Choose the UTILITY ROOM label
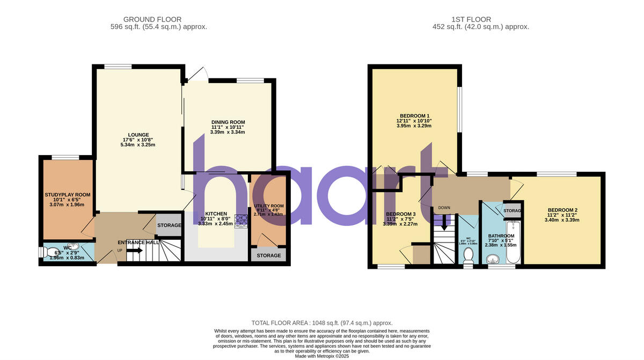pyautogui.click(x=269, y=207)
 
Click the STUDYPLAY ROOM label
pyautogui.click(x=68, y=195)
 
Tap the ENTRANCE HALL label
pyautogui.click(x=138, y=243)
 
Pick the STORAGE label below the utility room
pyautogui.click(x=268, y=255)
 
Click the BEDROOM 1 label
pyautogui.click(x=414, y=116)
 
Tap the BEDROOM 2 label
pyautogui.click(x=562, y=210)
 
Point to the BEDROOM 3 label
pyautogui.click(x=400, y=214)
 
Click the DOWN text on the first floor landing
pyautogui.click(x=444, y=208)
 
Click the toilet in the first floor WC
pyautogui.click(x=468, y=254)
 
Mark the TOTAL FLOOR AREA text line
pyautogui.click(x=322, y=323)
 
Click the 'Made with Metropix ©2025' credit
pyautogui.click(x=322, y=356)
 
